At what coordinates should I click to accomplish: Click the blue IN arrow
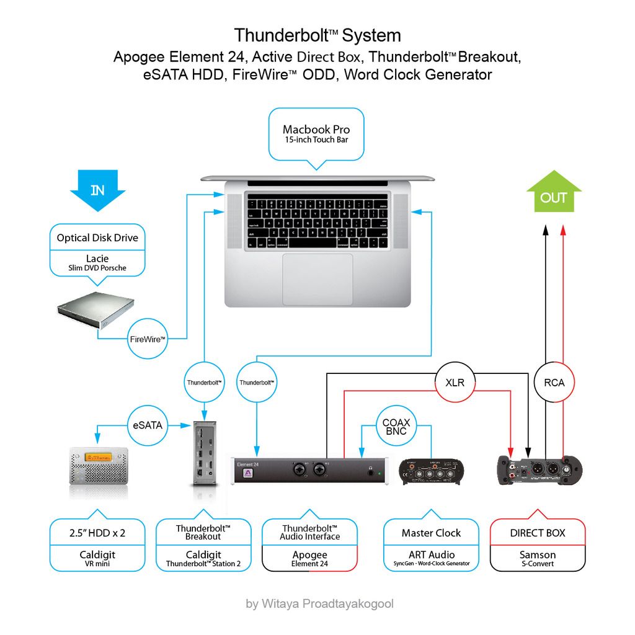tap(98, 189)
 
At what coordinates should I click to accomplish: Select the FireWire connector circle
tap(148, 339)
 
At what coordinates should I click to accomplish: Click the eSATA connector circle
tap(148, 425)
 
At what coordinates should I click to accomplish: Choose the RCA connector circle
tap(554, 383)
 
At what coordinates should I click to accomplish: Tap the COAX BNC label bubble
tap(396, 427)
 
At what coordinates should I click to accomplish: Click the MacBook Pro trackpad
tap(317, 279)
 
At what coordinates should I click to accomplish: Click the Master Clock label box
tap(431, 533)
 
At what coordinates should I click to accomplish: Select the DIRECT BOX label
tap(537, 533)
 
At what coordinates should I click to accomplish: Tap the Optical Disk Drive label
tap(97, 238)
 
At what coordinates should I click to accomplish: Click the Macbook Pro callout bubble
tap(316, 133)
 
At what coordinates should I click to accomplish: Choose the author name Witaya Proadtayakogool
tap(319, 603)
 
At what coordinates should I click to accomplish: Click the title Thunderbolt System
tap(317, 35)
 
